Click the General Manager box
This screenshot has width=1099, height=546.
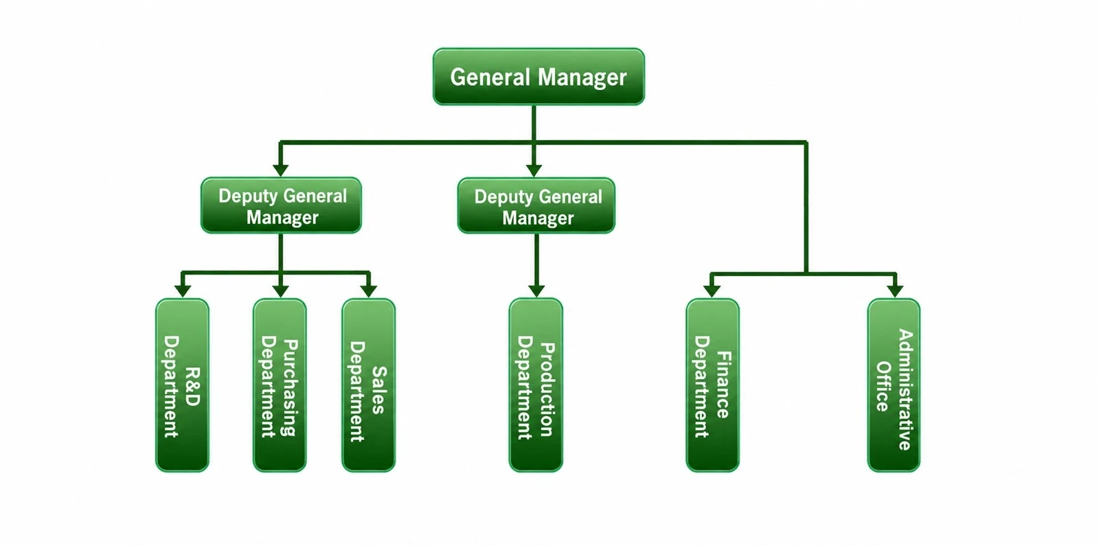539,76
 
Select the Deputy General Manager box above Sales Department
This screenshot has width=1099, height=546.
281,205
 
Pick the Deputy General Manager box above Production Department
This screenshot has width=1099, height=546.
536,205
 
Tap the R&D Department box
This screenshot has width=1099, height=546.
183,385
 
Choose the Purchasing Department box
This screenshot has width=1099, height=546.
280,385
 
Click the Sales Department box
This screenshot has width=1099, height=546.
368,385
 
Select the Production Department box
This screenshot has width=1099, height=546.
536,385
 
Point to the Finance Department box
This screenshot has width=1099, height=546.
712,385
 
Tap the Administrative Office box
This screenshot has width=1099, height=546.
894,385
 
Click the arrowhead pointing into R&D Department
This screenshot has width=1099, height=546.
183,291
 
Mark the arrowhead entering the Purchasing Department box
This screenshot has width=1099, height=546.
280,291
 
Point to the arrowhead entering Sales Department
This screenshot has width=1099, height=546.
368,291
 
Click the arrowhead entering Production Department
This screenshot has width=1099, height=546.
536,291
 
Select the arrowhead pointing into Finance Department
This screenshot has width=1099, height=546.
712,291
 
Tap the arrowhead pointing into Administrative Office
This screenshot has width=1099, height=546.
896,291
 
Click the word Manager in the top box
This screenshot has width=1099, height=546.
582,78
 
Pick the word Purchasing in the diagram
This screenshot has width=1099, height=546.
289,387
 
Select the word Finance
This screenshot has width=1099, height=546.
723,385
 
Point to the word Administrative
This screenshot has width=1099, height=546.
905,389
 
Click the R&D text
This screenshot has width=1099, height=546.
192,387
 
